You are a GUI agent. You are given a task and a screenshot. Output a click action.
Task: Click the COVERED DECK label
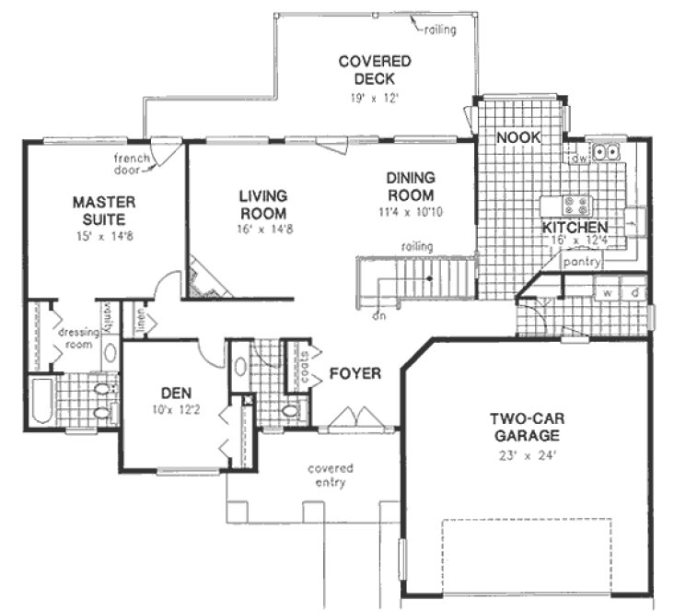pyautogui.click(x=373, y=70)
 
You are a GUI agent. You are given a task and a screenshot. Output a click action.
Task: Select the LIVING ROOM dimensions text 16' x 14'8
pyautogui.click(x=263, y=229)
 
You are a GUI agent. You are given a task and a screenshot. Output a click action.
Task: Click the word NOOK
pyautogui.click(x=517, y=137)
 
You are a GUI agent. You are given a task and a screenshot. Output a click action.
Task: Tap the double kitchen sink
pyautogui.click(x=607, y=151)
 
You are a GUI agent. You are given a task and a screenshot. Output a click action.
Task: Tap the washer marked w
pyautogui.click(x=608, y=294)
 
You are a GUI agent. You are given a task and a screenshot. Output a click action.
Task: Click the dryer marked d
pyautogui.click(x=634, y=294)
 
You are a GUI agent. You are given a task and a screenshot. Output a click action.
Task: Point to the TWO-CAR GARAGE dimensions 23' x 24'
pyautogui.click(x=525, y=453)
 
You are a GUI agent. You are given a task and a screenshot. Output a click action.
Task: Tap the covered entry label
pyautogui.click(x=330, y=476)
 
